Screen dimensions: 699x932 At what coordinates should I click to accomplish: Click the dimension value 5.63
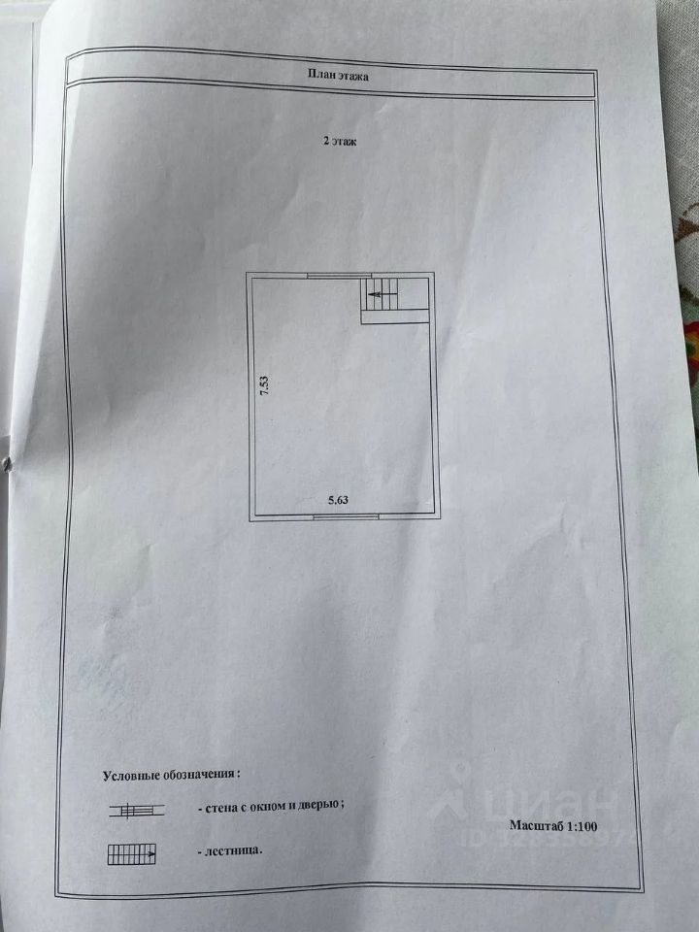tap(337, 502)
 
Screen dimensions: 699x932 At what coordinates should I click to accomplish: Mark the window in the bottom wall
tap(347, 516)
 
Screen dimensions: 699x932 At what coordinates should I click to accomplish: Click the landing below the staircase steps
tap(395, 315)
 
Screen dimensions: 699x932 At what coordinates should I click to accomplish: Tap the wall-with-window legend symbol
tap(135, 809)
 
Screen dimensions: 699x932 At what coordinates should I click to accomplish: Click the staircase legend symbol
tap(133, 855)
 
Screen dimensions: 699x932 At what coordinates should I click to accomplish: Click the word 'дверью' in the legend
tap(320, 805)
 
